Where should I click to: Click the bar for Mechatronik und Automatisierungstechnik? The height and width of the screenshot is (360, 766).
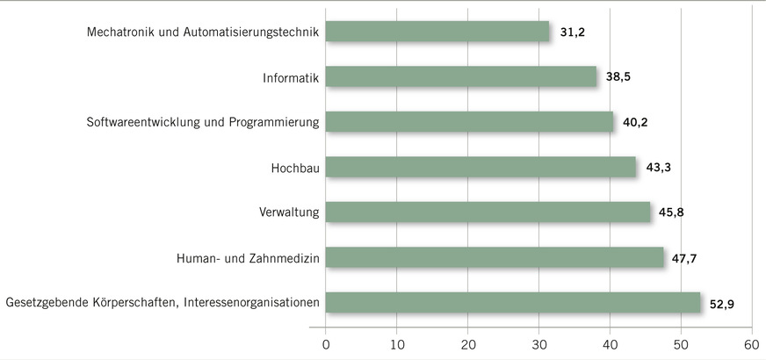point(437,32)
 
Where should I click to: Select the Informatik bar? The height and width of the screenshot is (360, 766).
point(461,77)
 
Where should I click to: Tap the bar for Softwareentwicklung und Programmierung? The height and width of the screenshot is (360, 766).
point(469,122)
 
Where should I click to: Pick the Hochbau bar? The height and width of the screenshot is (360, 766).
point(481,167)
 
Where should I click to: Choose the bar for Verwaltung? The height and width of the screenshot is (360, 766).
point(488,212)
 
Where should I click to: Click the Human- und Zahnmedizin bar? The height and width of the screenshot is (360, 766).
point(495,257)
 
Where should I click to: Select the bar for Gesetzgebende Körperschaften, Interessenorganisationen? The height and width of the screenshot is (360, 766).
point(513,303)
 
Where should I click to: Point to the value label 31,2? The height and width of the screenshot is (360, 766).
point(574,32)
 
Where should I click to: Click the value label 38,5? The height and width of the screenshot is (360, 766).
point(618,77)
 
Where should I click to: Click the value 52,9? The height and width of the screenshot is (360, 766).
point(722,303)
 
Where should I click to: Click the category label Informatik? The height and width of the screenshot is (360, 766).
point(291,77)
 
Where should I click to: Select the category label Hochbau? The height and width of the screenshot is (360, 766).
point(294,167)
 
